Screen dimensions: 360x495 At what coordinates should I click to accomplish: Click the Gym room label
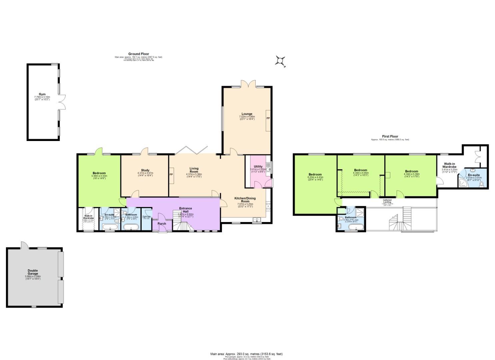pos(42,94)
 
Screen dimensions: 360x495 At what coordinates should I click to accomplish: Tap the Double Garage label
pos(33,272)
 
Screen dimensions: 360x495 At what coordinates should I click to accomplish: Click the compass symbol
pos(280,61)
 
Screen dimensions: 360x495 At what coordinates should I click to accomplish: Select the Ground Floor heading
pos(139,54)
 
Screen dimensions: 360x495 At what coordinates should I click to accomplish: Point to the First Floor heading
pos(390,136)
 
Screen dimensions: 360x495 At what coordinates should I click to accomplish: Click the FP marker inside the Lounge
pos(268,118)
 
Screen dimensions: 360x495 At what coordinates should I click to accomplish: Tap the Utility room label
pos(258,167)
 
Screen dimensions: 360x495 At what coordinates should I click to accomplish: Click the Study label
pos(145,170)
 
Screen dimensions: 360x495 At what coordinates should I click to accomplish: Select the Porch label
pos(162,224)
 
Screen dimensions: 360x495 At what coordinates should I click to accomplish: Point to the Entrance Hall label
pos(185,210)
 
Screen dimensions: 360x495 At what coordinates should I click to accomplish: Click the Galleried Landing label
pos(387,201)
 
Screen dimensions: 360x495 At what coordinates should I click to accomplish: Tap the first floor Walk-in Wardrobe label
pos(449,165)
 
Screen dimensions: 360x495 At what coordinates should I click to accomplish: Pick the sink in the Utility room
pos(268,170)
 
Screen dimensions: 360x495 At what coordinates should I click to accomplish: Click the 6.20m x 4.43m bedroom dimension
pos(315,177)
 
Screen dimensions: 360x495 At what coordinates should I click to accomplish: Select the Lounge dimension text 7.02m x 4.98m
pos(247,117)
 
